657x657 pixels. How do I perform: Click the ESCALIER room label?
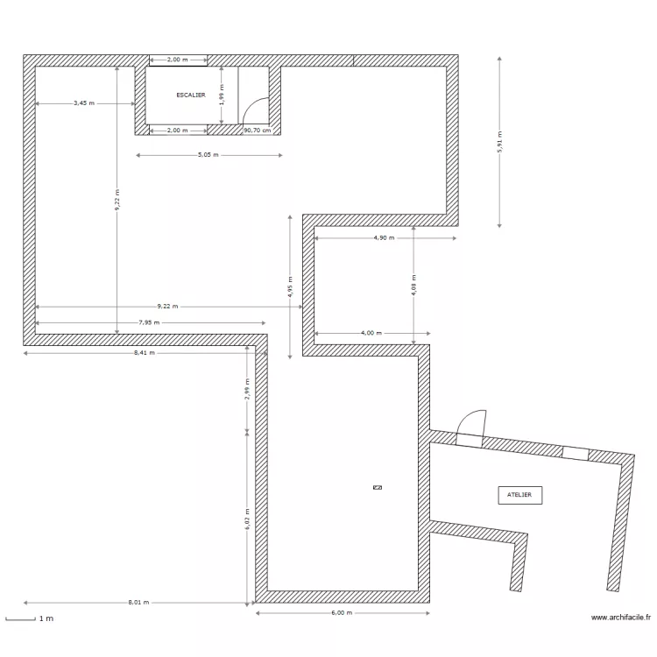pyautogui.click(x=191, y=95)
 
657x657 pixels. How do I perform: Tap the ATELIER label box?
pyautogui.click(x=520, y=495)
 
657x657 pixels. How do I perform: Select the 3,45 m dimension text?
pyautogui.click(x=84, y=103)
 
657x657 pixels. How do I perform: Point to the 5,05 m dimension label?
pyautogui.click(x=208, y=155)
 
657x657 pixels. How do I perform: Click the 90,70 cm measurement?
pyautogui.click(x=258, y=131)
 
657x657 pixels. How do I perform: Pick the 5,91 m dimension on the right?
pyautogui.click(x=500, y=142)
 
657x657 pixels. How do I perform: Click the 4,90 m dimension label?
pyautogui.click(x=385, y=238)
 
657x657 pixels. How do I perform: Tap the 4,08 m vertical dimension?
pyautogui.click(x=414, y=286)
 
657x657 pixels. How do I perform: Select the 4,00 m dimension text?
pyautogui.click(x=371, y=333)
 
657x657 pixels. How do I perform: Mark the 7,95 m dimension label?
pyautogui.click(x=149, y=322)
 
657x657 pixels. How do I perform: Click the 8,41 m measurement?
pyautogui.click(x=145, y=353)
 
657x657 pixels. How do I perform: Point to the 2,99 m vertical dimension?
pyautogui.click(x=247, y=389)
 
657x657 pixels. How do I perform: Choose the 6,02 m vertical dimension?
pyautogui.click(x=247, y=519)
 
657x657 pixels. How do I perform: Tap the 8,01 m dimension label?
pyautogui.click(x=138, y=603)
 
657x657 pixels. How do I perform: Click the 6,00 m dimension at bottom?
pyautogui.click(x=342, y=613)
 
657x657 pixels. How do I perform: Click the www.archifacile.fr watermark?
pyautogui.click(x=621, y=618)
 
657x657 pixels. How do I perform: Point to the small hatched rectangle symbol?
pyautogui.click(x=378, y=487)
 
